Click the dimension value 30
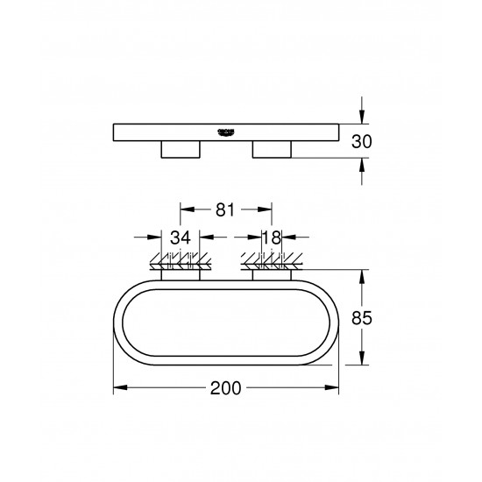[375, 139]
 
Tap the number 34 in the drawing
[181, 237]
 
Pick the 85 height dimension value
[375, 319]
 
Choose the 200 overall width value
[227, 388]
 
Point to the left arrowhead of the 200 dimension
[119, 387]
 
